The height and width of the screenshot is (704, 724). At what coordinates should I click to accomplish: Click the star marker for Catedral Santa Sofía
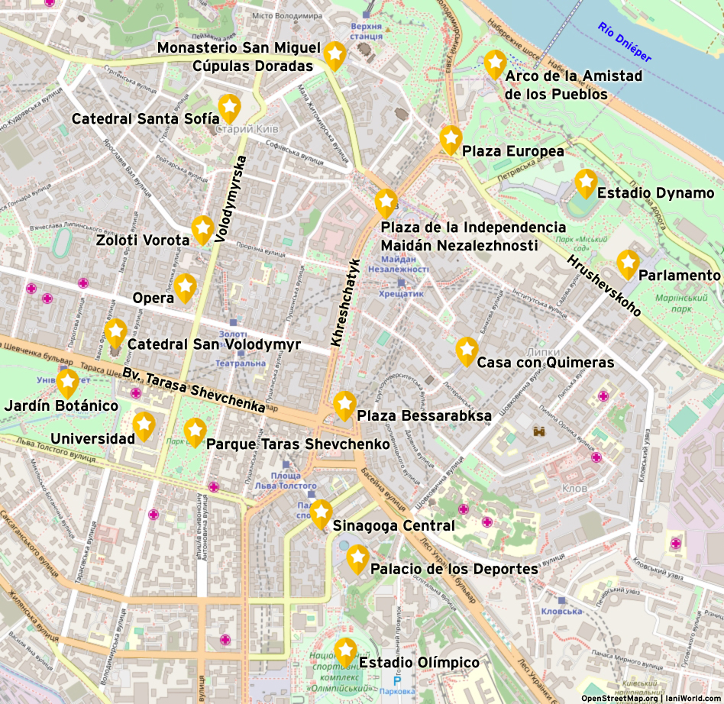click(229, 107)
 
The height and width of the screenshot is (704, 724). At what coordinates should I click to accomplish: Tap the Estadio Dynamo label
click(655, 192)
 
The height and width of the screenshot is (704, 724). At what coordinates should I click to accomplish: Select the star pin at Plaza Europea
click(451, 138)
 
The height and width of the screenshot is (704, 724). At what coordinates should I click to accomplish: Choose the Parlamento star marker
click(628, 263)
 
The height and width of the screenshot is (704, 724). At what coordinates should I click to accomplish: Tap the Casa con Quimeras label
click(545, 363)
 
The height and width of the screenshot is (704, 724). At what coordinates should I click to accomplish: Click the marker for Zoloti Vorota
click(202, 228)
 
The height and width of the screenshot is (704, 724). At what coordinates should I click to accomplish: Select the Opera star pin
click(185, 286)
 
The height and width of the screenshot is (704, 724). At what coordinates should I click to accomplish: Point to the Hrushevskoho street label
click(603, 286)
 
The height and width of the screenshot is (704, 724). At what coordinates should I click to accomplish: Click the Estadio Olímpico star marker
click(345, 651)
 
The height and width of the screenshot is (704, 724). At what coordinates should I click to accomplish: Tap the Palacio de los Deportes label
click(454, 569)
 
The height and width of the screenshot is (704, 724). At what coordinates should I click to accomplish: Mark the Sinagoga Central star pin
click(321, 512)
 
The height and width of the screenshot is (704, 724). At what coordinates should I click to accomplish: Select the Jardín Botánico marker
click(68, 382)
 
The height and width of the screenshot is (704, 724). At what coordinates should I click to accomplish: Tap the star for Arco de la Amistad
click(495, 63)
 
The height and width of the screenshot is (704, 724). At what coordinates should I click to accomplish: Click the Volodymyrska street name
click(231, 199)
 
